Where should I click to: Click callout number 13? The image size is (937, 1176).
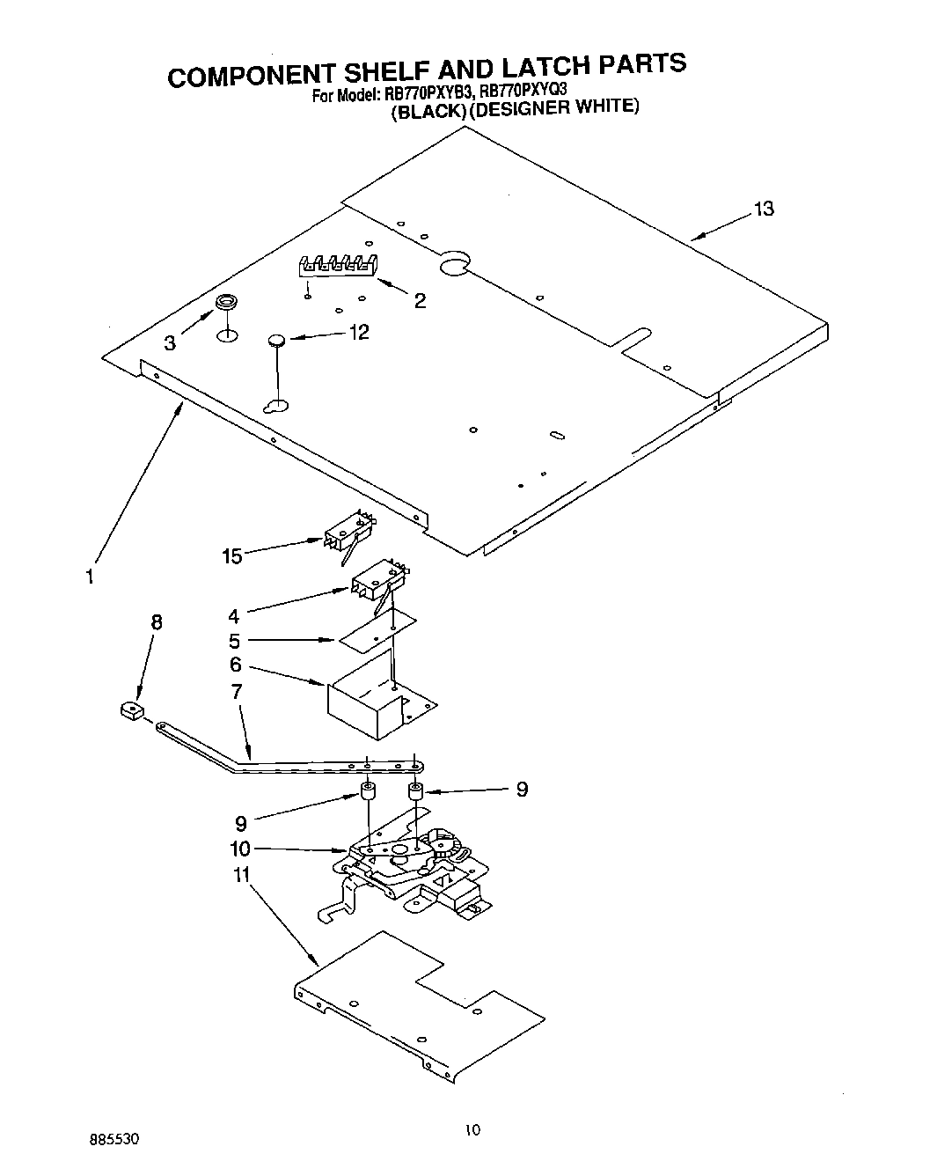click(763, 209)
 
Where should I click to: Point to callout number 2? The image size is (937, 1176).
click(420, 301)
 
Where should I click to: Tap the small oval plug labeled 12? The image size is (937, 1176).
click(277, 340)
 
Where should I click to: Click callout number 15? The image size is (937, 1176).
click(232, 555)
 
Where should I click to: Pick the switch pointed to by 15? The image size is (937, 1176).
click(349, 534)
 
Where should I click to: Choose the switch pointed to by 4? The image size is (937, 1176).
click(377, 582)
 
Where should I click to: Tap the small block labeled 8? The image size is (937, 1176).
click(131, 709)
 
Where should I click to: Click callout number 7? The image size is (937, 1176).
click(236, 691)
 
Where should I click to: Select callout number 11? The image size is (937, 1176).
click(240, 876)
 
